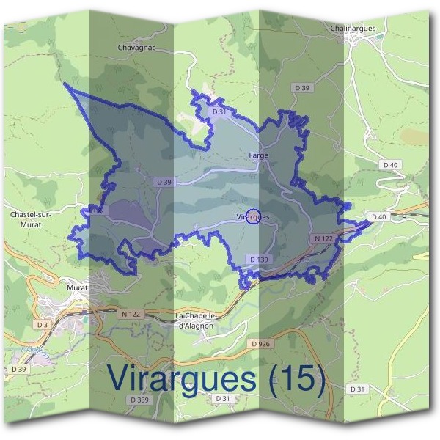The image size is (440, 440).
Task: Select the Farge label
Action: [258, 155]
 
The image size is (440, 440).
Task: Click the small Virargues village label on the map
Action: [254, 217]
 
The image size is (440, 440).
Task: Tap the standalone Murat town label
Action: [78, 288]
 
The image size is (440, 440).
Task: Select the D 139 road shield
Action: [259, 260]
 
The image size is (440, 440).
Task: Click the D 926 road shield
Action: [260, 343]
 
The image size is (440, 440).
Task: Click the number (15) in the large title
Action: [295, 378]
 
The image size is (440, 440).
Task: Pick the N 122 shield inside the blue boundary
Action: [323, 238]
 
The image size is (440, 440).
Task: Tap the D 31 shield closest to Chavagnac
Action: [218, 112]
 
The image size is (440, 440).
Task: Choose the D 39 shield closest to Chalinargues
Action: [303, 88]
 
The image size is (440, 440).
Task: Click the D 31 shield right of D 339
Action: [223, 398]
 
